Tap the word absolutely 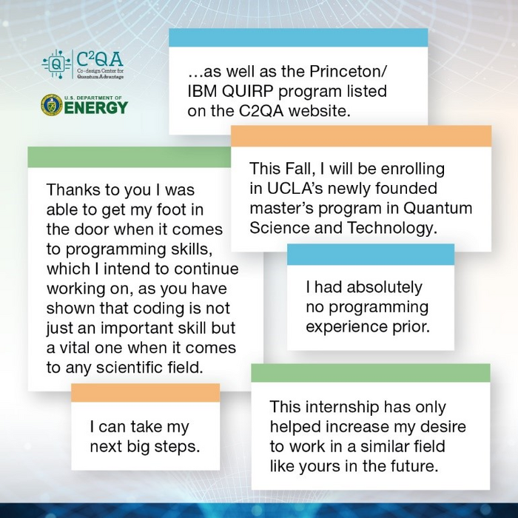(384, 287)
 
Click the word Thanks (72, 189)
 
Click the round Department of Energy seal (51, 105)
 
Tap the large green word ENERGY (95, 108)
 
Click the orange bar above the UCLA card (361, 136)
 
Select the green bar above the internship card (370, 373)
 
